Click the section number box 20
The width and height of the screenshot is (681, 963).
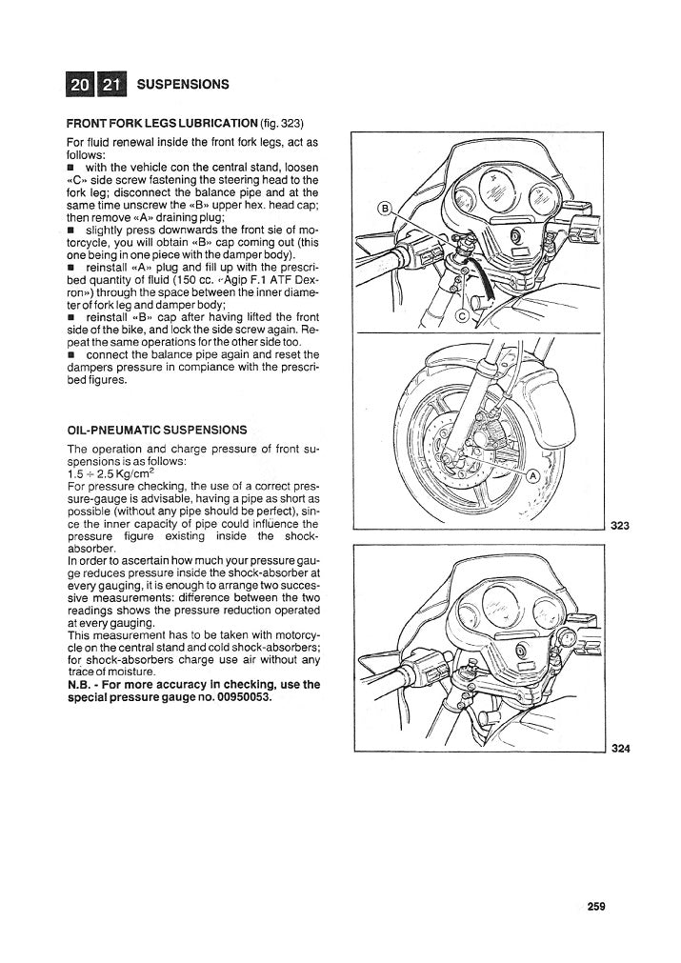click(80, 85)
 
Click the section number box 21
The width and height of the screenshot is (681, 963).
click(111, 85)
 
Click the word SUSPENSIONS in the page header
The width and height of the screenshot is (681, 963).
click(183, 85)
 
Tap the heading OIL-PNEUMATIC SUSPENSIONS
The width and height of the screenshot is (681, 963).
click(157, 430)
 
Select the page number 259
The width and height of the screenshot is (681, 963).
click(596, 906)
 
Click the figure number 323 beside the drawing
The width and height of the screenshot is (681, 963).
click(621, 525)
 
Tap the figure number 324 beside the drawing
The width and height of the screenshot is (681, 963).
click(621, 748)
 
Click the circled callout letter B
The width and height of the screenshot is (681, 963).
click(385, 209)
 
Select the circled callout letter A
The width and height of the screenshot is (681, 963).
click(532, 475)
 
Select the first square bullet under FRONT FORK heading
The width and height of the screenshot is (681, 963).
click(70, 168)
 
